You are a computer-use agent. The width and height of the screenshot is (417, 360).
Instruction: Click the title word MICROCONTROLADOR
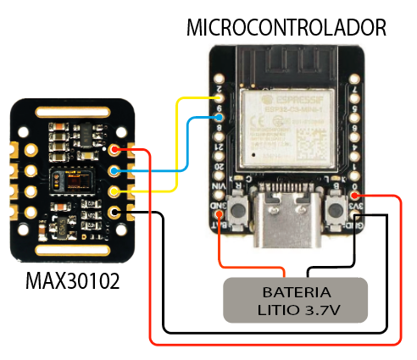tap(286, 27)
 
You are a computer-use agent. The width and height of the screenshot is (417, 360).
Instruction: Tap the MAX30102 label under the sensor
tap(71, 279)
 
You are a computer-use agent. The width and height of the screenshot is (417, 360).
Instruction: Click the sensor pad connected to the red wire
tap(116, 152)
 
